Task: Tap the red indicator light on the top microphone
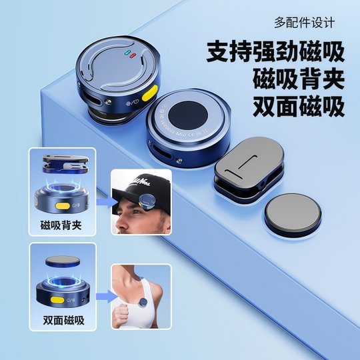133,54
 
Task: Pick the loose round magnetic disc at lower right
294,219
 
